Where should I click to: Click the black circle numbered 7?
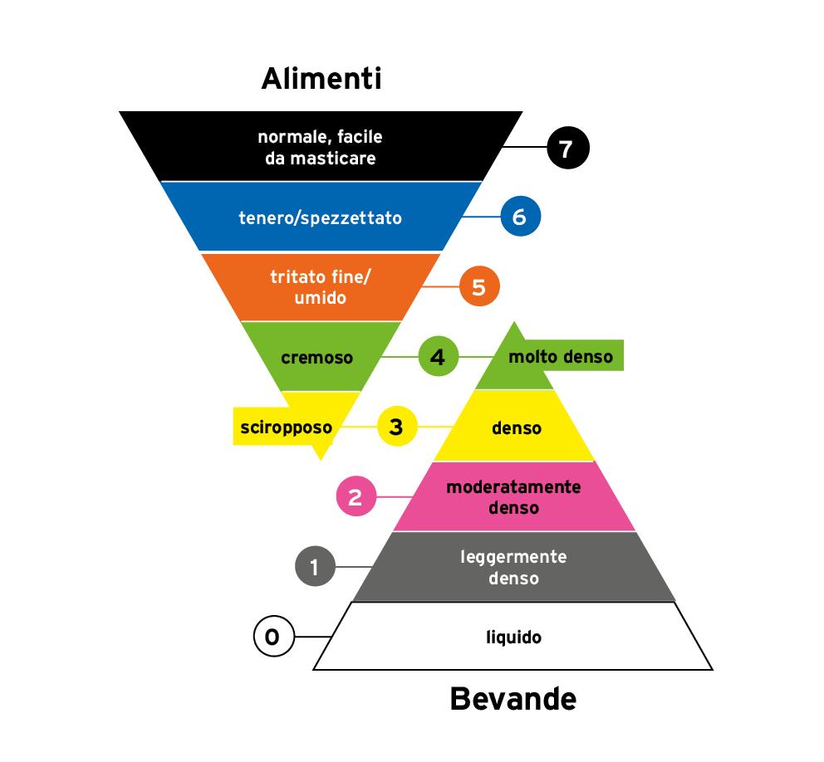pos(567,149)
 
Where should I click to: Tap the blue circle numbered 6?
pos(520,217)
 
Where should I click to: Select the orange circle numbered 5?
pos(479,287)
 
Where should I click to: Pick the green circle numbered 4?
pos(438,358)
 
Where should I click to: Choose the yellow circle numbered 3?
pos(397,427)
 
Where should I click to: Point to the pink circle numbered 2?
pos(356,497)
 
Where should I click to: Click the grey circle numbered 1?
pos(315,568)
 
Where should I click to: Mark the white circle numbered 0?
pos(273,637)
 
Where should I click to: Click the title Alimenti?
pos(321,79)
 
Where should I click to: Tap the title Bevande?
pos(513,699)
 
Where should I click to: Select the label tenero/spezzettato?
pos(320,218)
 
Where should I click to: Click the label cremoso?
pos(316,358)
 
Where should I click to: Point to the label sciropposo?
pos(286,428)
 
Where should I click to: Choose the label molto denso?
pos(561,357)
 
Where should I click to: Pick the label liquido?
pos(513,637)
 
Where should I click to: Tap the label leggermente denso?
pos(513,567)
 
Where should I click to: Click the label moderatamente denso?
pos(513,497)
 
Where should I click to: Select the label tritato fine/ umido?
pos(320,287)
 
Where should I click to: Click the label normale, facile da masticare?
pos(320,148)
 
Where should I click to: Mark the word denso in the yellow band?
pos(516,428)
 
